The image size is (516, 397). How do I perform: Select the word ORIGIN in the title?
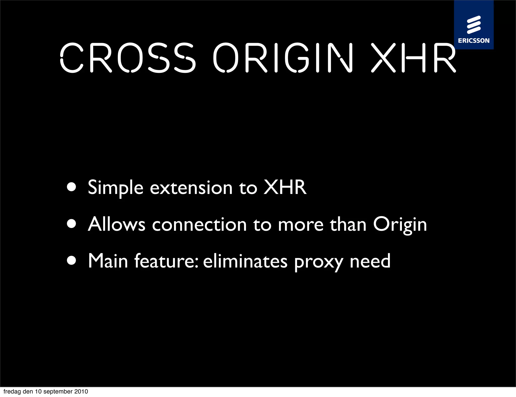[283, 58]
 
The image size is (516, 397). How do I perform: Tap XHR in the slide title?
[413, 58]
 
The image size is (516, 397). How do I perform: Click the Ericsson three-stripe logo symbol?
[474, 25]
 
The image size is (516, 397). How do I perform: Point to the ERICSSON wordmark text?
[474, 41]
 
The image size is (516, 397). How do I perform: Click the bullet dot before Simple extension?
[72, 187]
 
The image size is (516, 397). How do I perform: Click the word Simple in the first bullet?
[116, 188]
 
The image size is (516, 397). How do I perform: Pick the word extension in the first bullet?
[191, 188]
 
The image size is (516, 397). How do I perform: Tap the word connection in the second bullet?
[199, 224]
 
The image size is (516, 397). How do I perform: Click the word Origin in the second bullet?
[400, 224]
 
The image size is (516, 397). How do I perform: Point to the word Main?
[108, 261]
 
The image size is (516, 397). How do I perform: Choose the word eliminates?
[245, 261]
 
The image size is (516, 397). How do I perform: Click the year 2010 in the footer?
[81, 391]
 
